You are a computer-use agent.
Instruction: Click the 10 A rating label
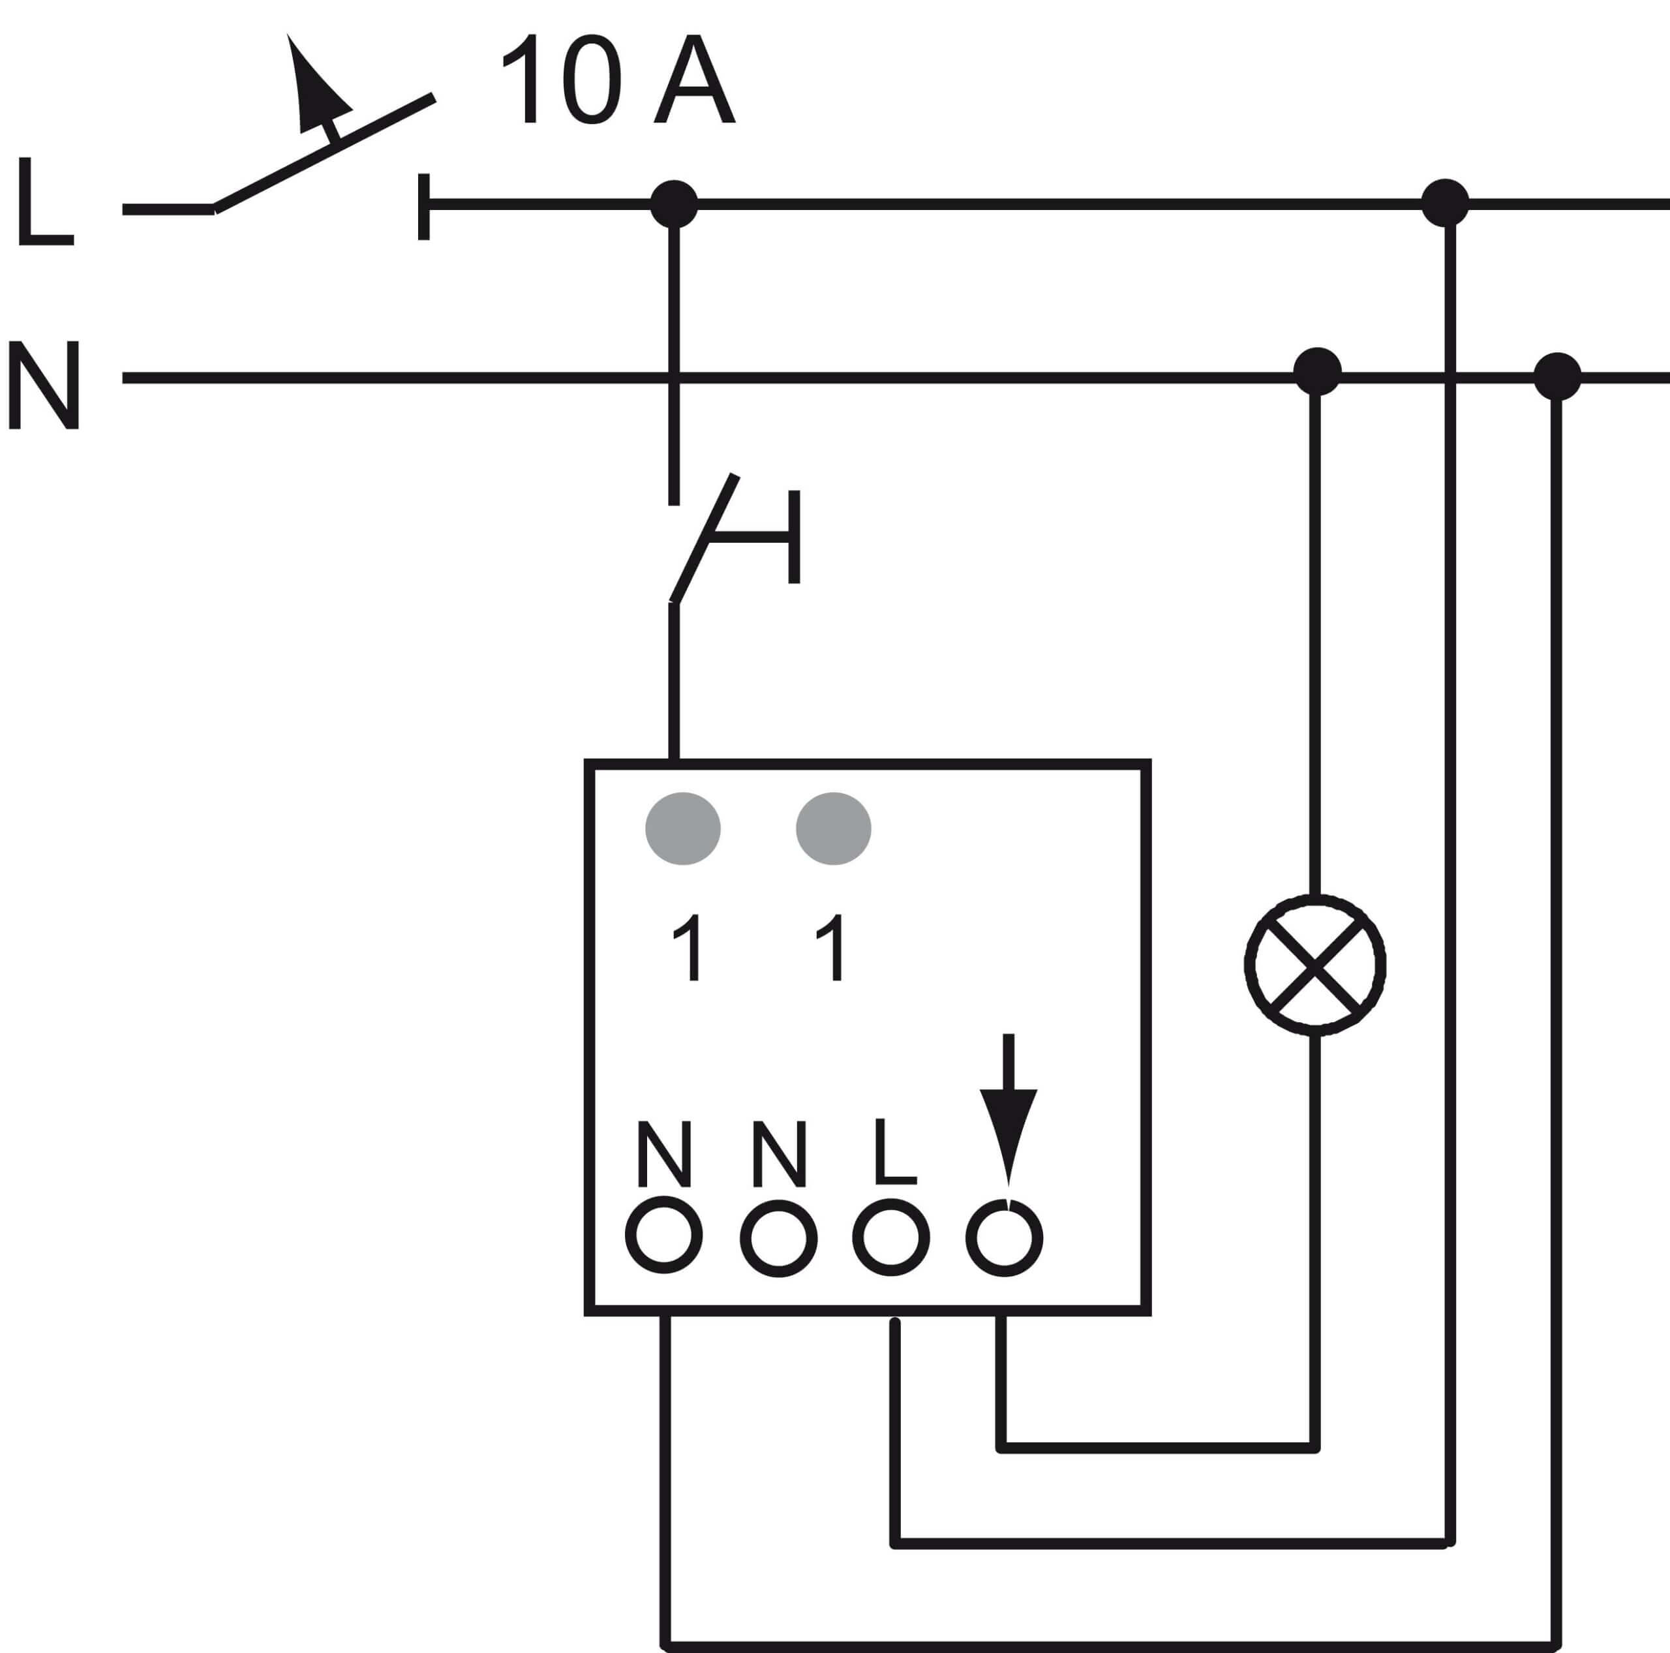click(x=617, y=79)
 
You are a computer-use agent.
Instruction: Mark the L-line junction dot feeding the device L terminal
click(x=1445, y=203)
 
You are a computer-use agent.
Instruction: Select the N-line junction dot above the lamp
click(x=1317, y=372)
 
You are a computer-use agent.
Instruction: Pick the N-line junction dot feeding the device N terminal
click(x=1556, y=376)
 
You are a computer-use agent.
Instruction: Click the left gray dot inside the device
click(x=683, y=828)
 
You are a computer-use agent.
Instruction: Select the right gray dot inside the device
click(x=833, y=828)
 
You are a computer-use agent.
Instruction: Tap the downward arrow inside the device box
click(x=1008, y=1110)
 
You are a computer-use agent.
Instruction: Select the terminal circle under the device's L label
click(x=891, y=1237)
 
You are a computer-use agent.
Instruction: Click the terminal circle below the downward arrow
click(x=1005, y=1237)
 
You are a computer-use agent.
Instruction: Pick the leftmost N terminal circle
click(x=664, y=1235)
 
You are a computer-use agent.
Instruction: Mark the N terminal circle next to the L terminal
click(x=779, y=1238)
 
